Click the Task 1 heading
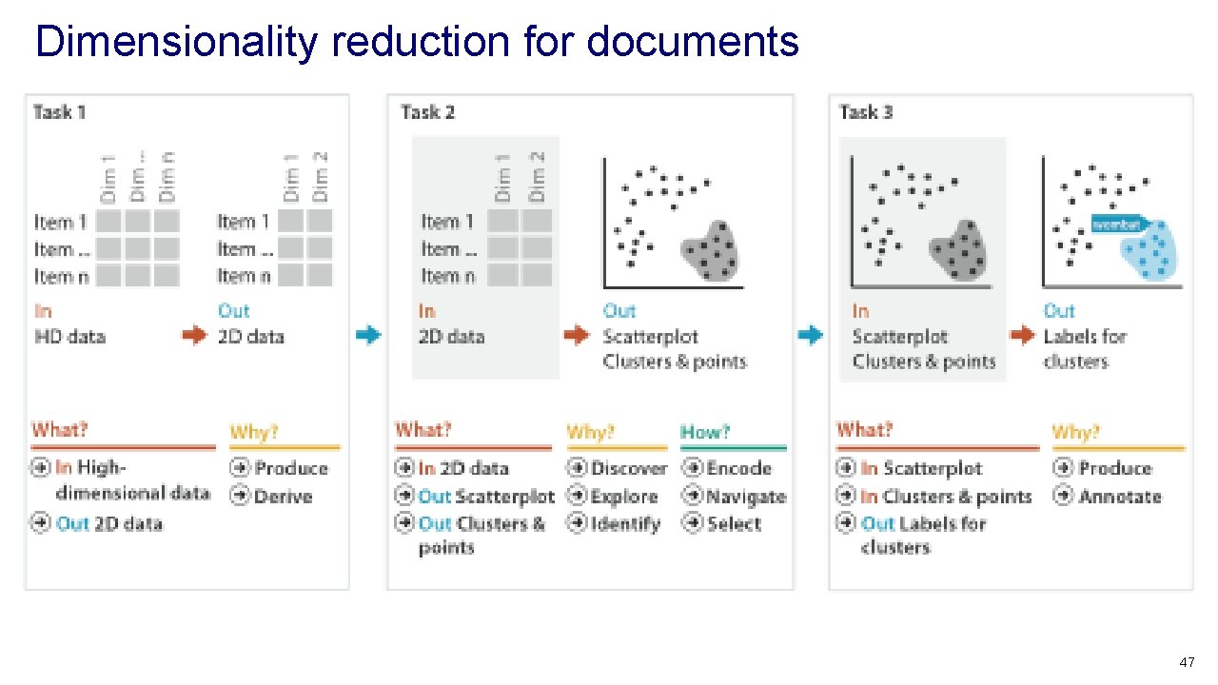coord(60,112)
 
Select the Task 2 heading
coord(428,112)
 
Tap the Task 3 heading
coord(866,112)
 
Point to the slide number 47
coord(1186,662)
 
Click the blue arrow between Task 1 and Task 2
coord(367,335)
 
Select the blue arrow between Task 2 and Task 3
coord(810,335)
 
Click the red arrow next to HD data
coord(194,336)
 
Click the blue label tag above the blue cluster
coord(1117,225)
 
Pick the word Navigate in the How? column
coord(747,497)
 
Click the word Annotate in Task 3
coord(1120,497)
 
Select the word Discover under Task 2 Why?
coord(629,468)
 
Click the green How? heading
coord(705,432)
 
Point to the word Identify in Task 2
coord(624,524)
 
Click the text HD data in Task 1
coord(69,337)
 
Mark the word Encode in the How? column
coord(739,468)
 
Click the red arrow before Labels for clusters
coord(1022,335)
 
